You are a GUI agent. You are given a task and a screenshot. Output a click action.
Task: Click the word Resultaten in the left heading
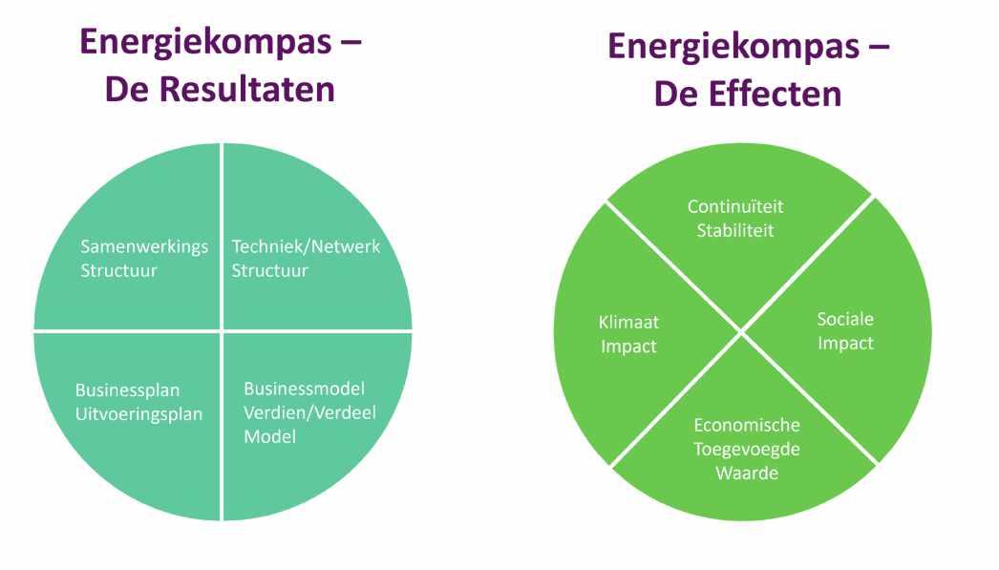click(246, 90)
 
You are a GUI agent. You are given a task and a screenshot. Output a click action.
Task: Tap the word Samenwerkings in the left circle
click(144, 246)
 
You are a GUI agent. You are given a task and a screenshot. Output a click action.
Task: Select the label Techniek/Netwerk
click(306, 246)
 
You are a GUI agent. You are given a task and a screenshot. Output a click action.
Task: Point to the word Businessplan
click(127, 390)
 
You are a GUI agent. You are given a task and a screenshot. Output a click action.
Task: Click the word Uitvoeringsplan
click(139, 414)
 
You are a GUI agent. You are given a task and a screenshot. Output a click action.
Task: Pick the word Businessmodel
click(305, 389)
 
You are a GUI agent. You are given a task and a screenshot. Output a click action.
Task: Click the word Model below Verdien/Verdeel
click(269, 436)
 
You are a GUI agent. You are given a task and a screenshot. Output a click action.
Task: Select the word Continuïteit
click(734, 206)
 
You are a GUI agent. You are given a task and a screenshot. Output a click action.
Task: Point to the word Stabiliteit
click(734, 230)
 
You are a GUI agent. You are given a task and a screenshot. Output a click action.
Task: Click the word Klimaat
click(628, 322)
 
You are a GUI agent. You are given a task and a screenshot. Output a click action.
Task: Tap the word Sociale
click(845, 319)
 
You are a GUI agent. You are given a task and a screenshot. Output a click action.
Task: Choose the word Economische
click(747, 425)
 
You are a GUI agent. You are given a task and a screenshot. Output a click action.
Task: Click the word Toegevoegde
click(747, 449)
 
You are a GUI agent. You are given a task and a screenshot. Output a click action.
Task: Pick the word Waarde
click(747, 473)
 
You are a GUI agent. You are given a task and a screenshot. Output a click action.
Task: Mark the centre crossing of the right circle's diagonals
click(742, 332)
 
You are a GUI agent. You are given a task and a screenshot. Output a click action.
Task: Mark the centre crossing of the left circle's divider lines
click(223, 331)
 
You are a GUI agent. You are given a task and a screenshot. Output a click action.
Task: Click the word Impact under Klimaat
click(628, 346)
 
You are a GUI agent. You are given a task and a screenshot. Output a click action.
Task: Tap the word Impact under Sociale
click(845, 343)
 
